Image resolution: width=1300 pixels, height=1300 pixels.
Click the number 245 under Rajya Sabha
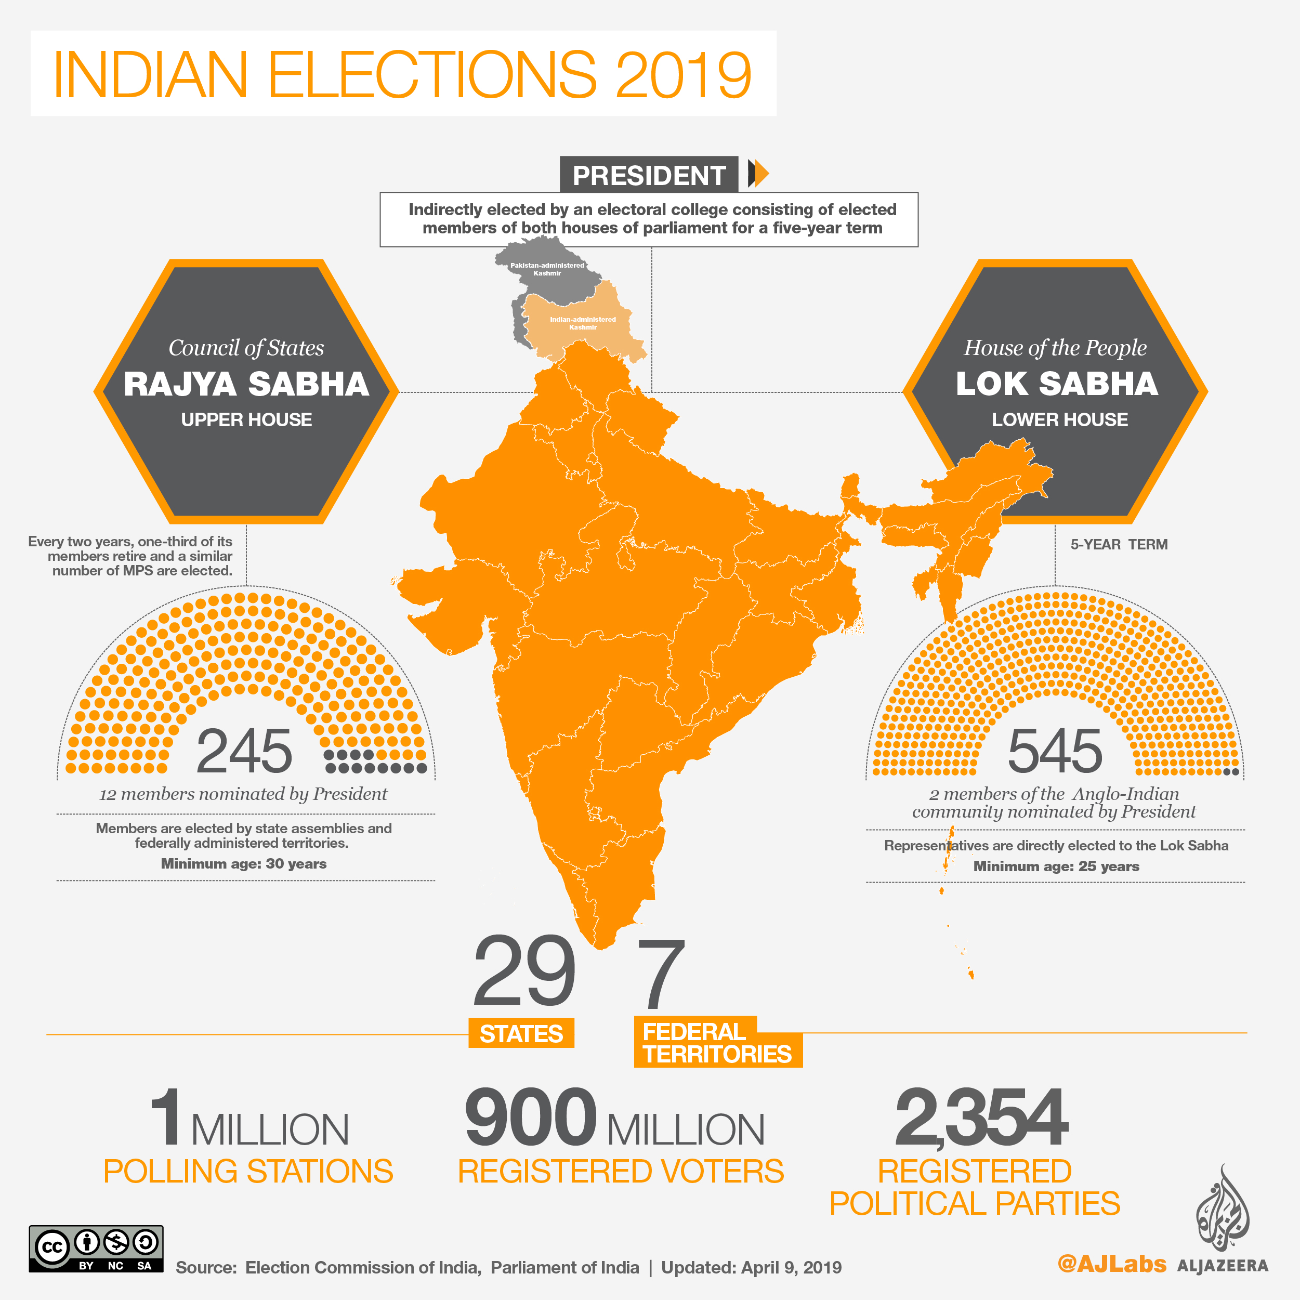[244, 751]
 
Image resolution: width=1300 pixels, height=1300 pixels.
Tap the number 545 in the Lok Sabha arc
[1055, 751]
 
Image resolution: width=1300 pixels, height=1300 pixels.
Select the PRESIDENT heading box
[649, 175]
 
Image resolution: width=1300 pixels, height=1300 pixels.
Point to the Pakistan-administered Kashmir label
[547, 269]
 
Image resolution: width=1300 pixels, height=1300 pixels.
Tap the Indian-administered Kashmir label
[583, 323]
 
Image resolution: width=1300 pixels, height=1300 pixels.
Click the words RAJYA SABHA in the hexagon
[246, 384]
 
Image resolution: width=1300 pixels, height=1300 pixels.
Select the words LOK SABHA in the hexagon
[1057, 384]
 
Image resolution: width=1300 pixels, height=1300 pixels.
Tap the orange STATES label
[521, 1033]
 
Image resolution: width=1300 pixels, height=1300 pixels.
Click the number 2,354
[981, 1118]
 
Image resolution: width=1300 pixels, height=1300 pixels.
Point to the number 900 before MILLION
[530, 1118]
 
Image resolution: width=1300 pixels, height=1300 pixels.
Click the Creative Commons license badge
[96, 1248]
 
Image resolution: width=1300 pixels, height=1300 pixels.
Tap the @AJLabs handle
[1112, 1264]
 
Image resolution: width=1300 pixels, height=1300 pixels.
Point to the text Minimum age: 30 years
[244, 863]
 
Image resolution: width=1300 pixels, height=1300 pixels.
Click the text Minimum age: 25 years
[1056, 866]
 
